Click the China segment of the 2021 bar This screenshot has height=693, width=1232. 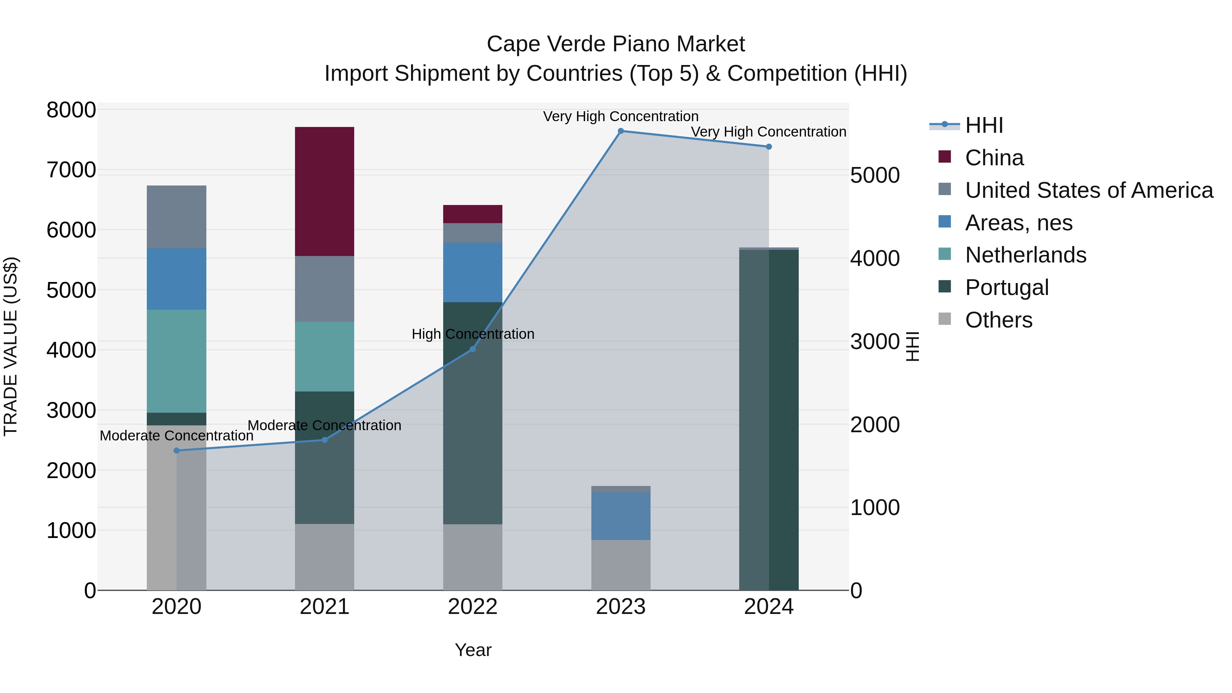tap(324, 191)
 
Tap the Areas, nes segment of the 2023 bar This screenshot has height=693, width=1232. tap(620, 516)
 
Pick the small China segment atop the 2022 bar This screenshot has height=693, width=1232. tap(473, 214)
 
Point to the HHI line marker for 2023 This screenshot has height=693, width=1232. tap(621, 131)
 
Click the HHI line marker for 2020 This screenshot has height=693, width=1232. tap(177, 450)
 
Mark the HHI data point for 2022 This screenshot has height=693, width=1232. tap(473, 349)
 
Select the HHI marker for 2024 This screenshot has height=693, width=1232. tap(769, 147)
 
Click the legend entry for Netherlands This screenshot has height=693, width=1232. tap(1025, 255)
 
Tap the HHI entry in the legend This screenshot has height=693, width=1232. tap(984, 125)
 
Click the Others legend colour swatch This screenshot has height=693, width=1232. tap(945, 319)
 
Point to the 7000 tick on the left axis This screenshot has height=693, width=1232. tap(71, 170)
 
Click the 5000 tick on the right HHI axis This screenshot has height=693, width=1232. tap(875, 176)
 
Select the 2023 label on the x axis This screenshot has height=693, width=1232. tap(620, 607)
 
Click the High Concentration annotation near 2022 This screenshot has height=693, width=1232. tap(473, 334)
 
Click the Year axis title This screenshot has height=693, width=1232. tap(473, 650)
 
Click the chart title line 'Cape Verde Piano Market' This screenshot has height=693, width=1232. tap(616, 44)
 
